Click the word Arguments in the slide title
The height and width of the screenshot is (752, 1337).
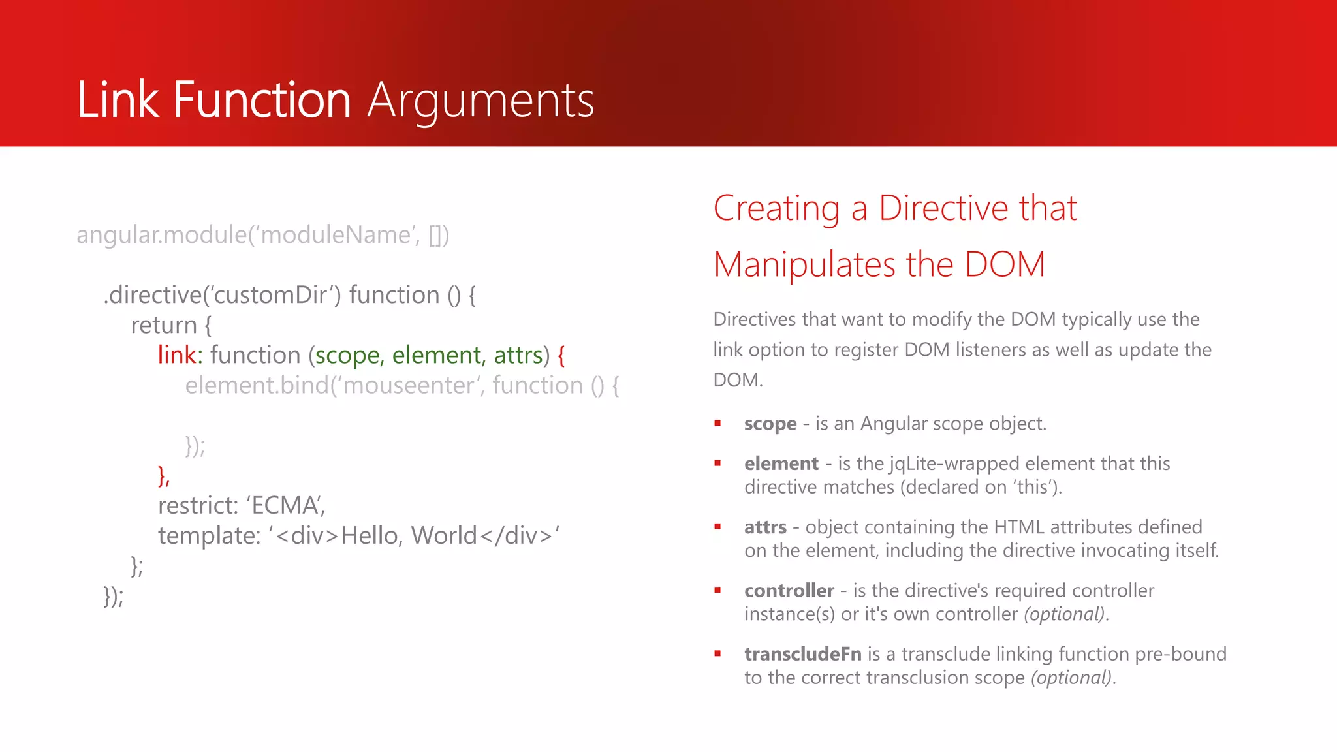(480, 101)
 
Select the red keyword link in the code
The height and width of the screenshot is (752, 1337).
(177, 355)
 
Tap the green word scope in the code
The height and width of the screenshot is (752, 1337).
(348, 356)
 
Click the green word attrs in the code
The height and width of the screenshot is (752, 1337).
(518, 355)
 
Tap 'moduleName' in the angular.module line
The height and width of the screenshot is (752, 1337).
(336, 235)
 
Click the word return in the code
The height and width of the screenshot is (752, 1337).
(164, 325)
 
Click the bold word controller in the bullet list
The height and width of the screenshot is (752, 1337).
(789, 591)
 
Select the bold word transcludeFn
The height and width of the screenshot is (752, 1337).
(803, 654)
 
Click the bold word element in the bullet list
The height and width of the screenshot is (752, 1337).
(781, 463)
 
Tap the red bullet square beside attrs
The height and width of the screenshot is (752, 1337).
(717, 527)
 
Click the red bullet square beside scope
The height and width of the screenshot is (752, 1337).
(717, 424)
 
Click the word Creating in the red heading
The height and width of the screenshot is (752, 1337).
(776, 209)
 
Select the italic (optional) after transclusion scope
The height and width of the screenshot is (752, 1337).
(1071, 678)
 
